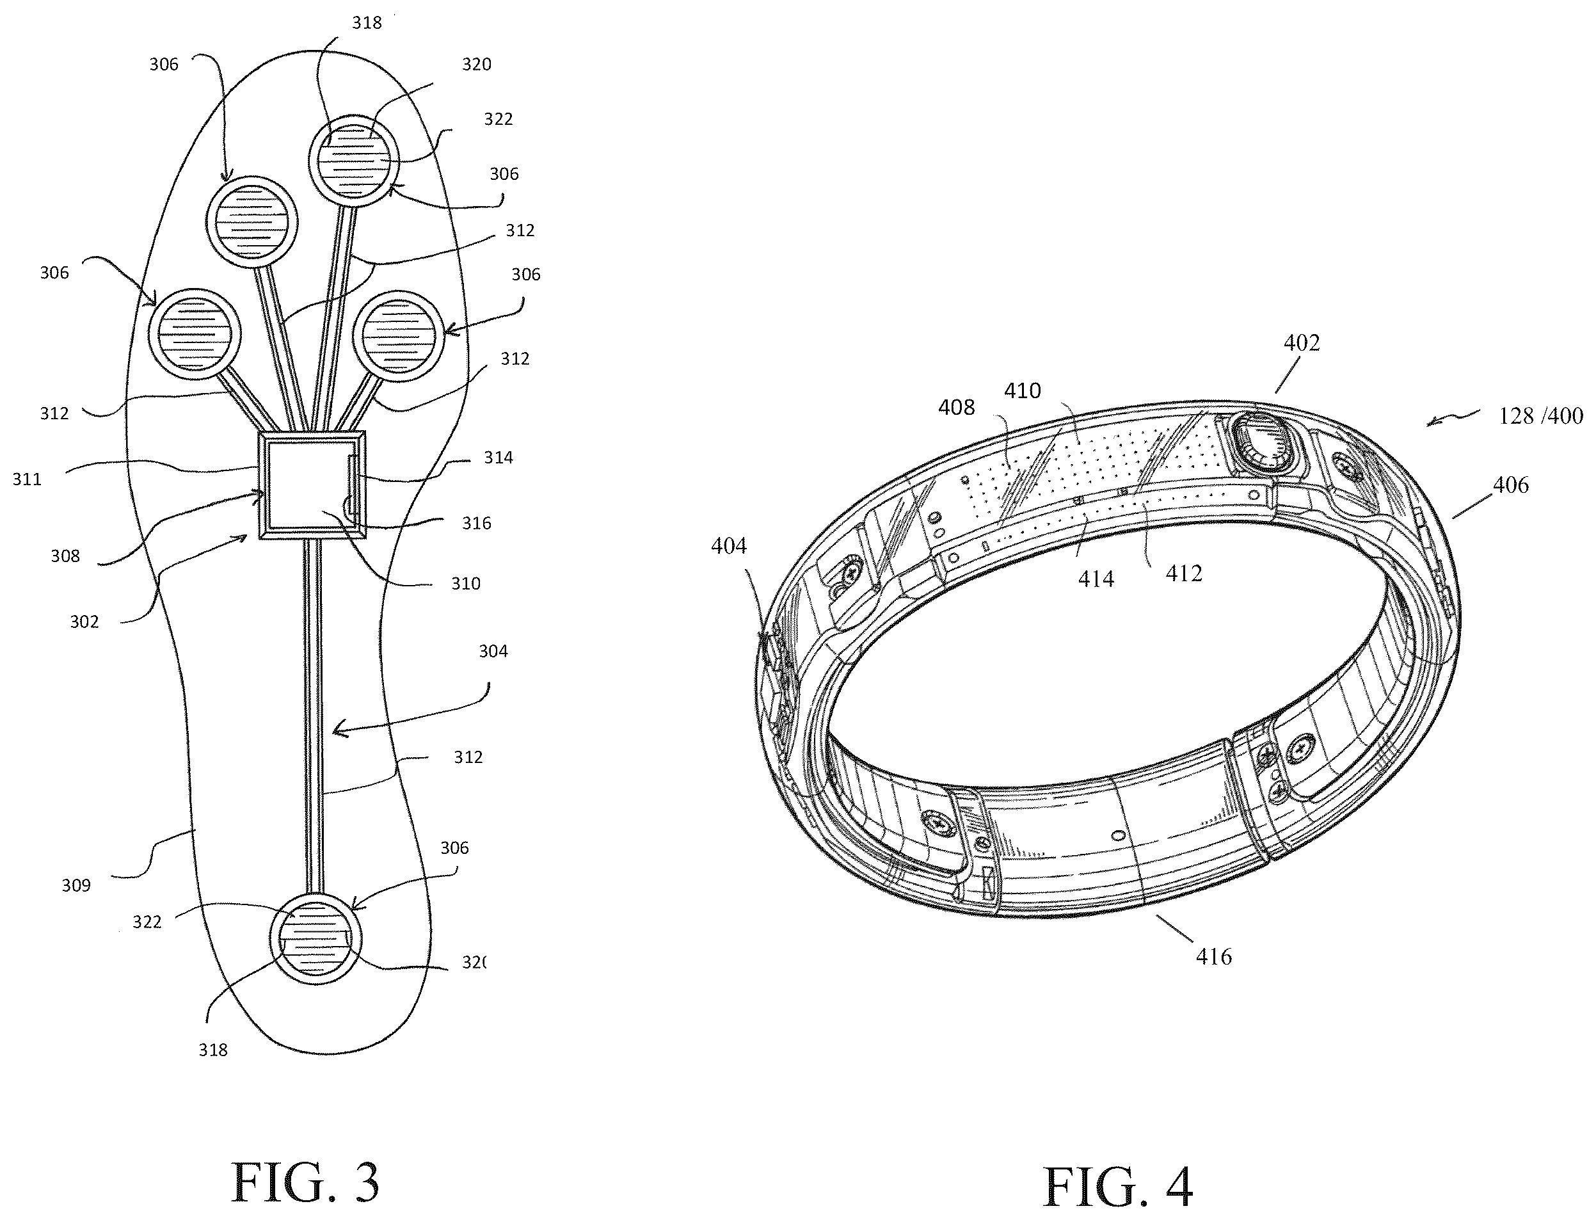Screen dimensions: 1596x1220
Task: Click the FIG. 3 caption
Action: [305, 1183]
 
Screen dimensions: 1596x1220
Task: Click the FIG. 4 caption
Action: [1118, 1187]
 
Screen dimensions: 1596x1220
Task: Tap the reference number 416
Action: [1214, 956]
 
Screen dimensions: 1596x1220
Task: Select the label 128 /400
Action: [1541, 416]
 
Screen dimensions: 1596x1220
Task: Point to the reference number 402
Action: [1302, 342]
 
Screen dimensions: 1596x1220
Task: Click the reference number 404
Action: [729, 545]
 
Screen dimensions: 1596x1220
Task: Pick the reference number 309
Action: [76, 885]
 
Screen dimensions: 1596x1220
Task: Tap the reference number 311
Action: [27, 479]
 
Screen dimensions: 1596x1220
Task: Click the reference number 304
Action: [493, 652]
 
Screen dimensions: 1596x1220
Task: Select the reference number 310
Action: [465, 584]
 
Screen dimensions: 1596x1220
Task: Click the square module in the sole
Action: [312, 485]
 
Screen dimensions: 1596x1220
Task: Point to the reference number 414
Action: [1096, 579]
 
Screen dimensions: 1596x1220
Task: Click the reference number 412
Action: [1185, 574]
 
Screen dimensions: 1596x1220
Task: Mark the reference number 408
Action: [956, 407]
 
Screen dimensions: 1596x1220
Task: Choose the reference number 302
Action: [84, 622]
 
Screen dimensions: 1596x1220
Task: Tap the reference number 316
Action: [476, 524]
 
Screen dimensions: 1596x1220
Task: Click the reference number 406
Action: [1510, 485]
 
